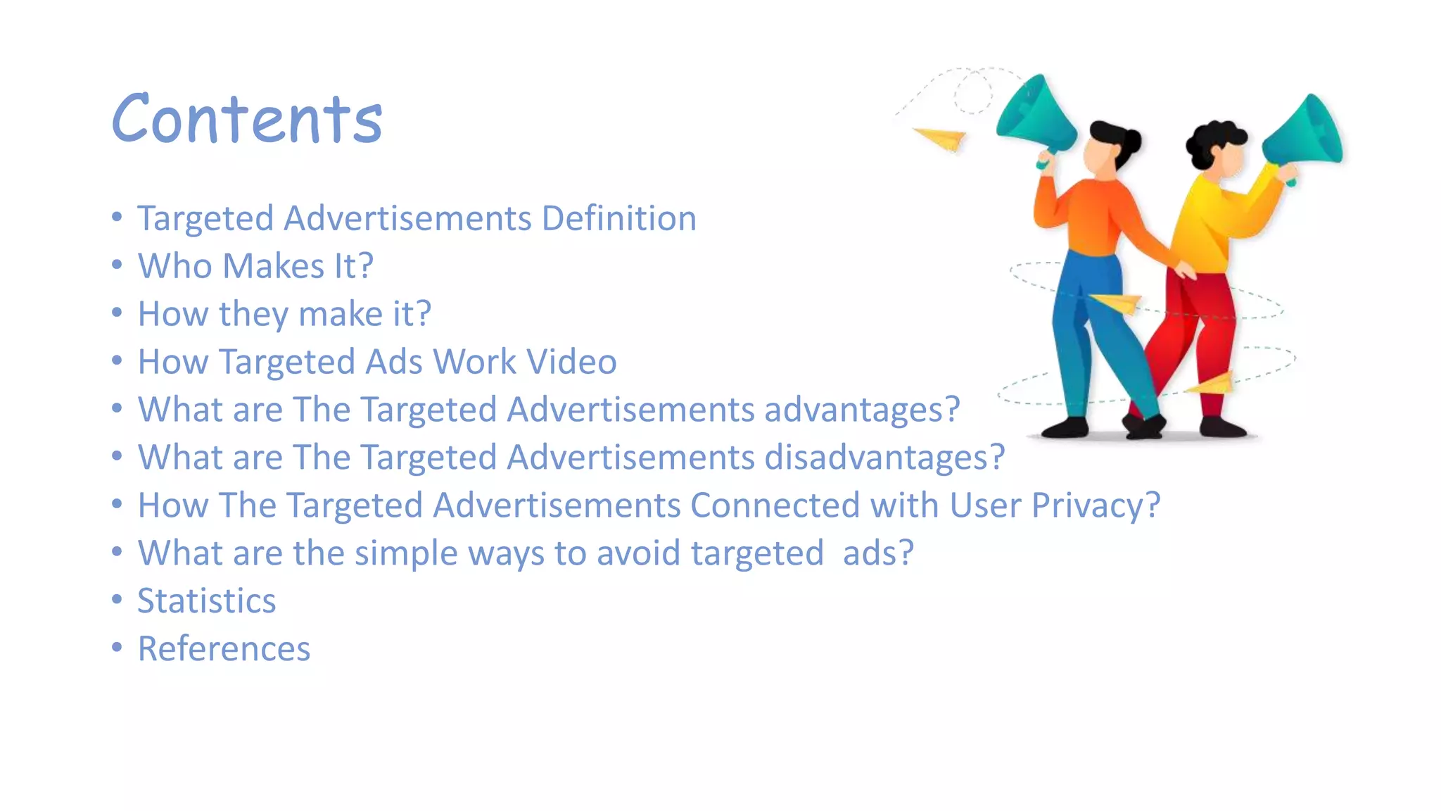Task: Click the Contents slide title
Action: tap(247, 119)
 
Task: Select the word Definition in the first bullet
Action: tap(619, 218)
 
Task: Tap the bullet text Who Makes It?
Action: tap(255, 266)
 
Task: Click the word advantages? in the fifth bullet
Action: tap(862, 410)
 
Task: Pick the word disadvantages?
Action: tap(884, 458)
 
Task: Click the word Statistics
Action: tap(206, 601)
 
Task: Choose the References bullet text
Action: tap(224, 649)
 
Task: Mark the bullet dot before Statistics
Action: tap(117, 600)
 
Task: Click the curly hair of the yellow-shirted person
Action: tap(1212, 137)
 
